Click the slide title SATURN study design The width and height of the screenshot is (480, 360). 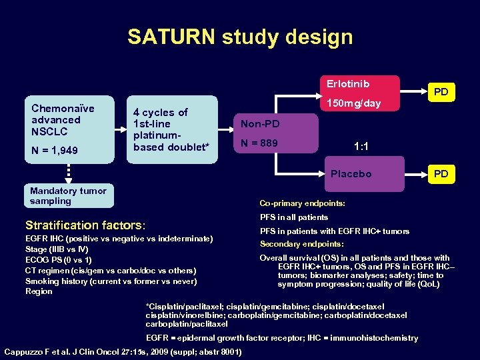(240, 37)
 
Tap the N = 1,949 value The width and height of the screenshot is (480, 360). (55, 151)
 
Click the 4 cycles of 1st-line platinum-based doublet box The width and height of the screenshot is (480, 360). (173, 129)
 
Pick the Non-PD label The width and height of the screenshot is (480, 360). (260, 124)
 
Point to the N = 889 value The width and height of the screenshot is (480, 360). (259, 143)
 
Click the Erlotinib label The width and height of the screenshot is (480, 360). (347, 84)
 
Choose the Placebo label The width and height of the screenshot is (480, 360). (351, 174)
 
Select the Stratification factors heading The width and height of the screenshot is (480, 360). (85, 225)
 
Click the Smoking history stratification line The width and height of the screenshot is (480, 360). (111, 281)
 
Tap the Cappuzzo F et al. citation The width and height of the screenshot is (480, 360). (122, 351)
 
